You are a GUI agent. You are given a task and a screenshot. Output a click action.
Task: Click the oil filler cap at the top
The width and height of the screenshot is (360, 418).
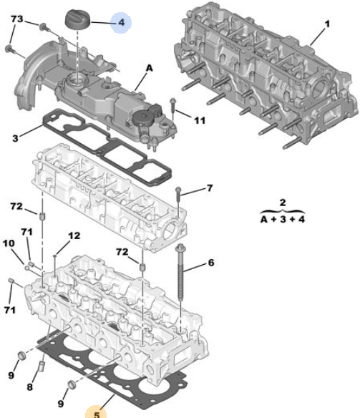pos(78,19)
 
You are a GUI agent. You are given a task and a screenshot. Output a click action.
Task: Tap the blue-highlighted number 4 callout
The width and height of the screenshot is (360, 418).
pos(121,22)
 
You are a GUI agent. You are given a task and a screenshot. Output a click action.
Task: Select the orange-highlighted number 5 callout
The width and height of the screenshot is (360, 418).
pos(97,412)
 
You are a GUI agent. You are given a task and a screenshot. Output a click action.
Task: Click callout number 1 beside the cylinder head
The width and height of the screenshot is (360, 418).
pos(327,24)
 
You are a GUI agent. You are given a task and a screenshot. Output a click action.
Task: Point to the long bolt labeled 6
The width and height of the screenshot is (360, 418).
pos(180,272)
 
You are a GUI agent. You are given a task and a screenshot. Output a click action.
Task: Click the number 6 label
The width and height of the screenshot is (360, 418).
pos(211,263)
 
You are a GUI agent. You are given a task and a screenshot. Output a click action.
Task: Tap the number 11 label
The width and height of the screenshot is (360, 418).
pos(200,120)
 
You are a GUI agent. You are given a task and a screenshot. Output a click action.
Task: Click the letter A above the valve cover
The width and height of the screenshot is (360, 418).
pos(150,68)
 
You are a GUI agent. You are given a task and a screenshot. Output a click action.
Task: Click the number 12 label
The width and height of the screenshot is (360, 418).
pos(74,235)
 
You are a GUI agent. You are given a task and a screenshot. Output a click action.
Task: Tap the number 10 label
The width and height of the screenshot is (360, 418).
pos(9,243)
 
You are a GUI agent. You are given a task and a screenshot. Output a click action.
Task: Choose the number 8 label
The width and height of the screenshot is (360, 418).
pos(29,387)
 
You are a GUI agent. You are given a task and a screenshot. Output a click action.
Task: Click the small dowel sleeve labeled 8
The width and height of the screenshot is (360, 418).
pos(42,366)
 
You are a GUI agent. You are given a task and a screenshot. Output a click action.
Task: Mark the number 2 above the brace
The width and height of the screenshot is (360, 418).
pos(283,203)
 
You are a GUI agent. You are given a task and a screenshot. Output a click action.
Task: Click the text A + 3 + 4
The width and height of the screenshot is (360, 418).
pos(283,220)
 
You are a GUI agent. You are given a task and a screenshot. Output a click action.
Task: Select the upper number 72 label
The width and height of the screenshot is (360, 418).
pos(16,206)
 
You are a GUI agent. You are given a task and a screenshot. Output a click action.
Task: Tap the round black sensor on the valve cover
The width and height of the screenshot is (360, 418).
pos(142,119)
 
